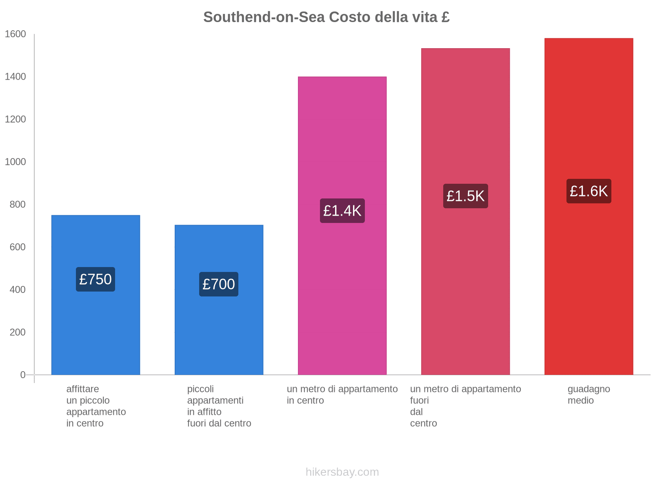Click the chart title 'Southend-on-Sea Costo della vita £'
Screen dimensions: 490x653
(x=326, y=17)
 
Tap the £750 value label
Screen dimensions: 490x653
(x=96, y=279)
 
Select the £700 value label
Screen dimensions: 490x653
(x=219, y=284)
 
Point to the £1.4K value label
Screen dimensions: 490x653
(x=342, y=211)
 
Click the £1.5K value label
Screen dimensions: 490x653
(x=465, y=196)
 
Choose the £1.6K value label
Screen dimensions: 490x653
(x=589, y=191)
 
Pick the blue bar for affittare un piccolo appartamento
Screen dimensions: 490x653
(x=96, y=327)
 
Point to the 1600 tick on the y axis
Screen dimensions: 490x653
(x=16, y=34)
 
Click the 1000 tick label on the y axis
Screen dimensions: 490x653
(x=16, y=162)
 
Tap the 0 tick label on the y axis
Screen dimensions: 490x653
(x=23, y=375)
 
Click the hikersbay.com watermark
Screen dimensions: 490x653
(x=342, y=472)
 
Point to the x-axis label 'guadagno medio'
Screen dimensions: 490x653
(x=589, y=395)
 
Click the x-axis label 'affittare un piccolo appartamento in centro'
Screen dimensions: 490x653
(x=96, y=406)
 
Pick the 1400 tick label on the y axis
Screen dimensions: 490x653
(x=16, y=77)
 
